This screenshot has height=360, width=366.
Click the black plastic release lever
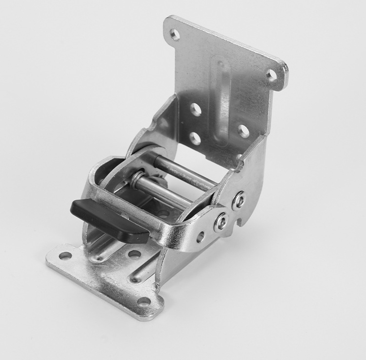(x=110, y=220)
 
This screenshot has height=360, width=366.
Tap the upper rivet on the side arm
(x=239, y=200)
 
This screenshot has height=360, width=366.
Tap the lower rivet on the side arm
(x=221, y=222)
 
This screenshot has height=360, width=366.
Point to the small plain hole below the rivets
(x=200, y=237)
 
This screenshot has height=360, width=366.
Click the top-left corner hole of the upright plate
(x=175, y=34)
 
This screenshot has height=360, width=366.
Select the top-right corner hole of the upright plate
(x=272, y=75)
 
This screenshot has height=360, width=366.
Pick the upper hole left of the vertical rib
(x=196, y=110)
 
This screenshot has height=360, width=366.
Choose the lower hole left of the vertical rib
(x=195, y=139)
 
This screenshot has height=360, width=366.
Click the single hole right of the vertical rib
(x=244, y=130)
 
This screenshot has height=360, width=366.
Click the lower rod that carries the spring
(x=161, y=193)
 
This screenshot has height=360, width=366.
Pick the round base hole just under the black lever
(x=134, y=254)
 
